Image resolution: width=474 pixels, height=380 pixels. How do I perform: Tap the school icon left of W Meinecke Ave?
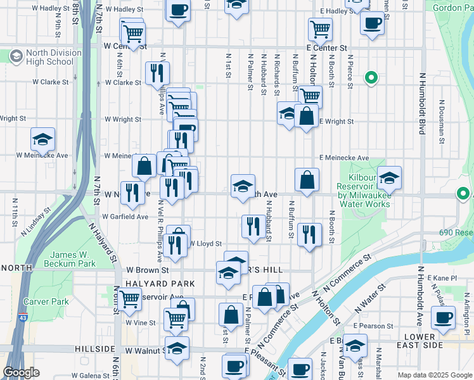click(x=42, y=139)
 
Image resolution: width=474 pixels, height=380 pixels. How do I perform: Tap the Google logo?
click(x=22, y=372)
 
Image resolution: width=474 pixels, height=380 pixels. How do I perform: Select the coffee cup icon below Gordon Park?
click(x=371, y=23)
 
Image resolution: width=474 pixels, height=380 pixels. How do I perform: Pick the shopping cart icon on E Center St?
click(x=320, y=28)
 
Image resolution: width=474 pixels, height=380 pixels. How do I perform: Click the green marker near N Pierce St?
click(x=371, y=79)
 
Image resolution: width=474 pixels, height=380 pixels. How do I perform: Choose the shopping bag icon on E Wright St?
click(x=306, y=117)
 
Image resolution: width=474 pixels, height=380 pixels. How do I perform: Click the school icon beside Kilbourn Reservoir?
click(x=389, y=178)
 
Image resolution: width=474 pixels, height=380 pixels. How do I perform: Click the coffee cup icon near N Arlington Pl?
click(x=443, y=318)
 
